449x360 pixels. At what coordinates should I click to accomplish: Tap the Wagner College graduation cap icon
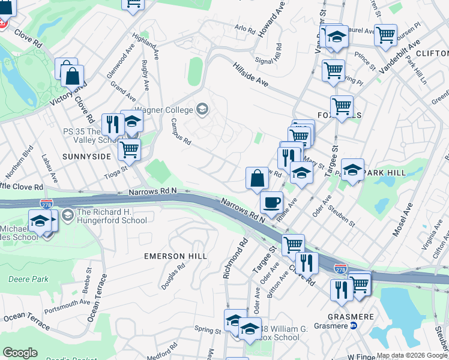202,109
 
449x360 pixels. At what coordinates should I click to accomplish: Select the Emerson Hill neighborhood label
175,256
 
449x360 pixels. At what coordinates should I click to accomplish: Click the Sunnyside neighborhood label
86,156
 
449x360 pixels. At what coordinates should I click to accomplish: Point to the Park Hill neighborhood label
385,173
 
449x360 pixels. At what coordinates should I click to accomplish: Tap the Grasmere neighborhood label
352,316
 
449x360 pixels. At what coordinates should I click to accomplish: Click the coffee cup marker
273,202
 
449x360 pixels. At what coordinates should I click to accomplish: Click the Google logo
20,353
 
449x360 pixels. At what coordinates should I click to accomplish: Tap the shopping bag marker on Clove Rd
72,77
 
